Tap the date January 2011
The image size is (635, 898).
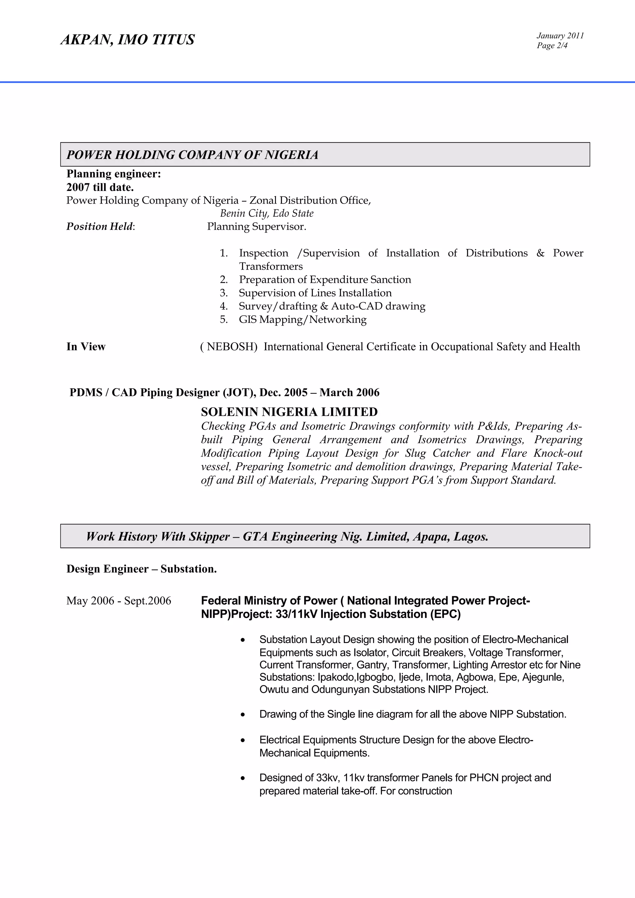tap(560, 36)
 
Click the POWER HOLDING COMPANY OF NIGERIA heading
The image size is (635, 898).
tap(192, 155)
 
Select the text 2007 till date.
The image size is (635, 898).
tap(100, 187)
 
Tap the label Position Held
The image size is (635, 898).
tap(100, 227)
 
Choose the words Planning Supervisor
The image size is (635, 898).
tap(256, 227)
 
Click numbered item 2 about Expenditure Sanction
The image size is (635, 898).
tap(325, 280)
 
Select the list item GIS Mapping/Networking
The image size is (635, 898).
tap(302, 319)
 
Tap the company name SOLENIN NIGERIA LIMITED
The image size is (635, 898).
tap(289, 412)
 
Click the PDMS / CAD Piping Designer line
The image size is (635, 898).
tap(224, 393)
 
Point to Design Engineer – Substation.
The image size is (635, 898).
tap(142, 569)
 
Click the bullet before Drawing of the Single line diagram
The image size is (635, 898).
tap(243, 715)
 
